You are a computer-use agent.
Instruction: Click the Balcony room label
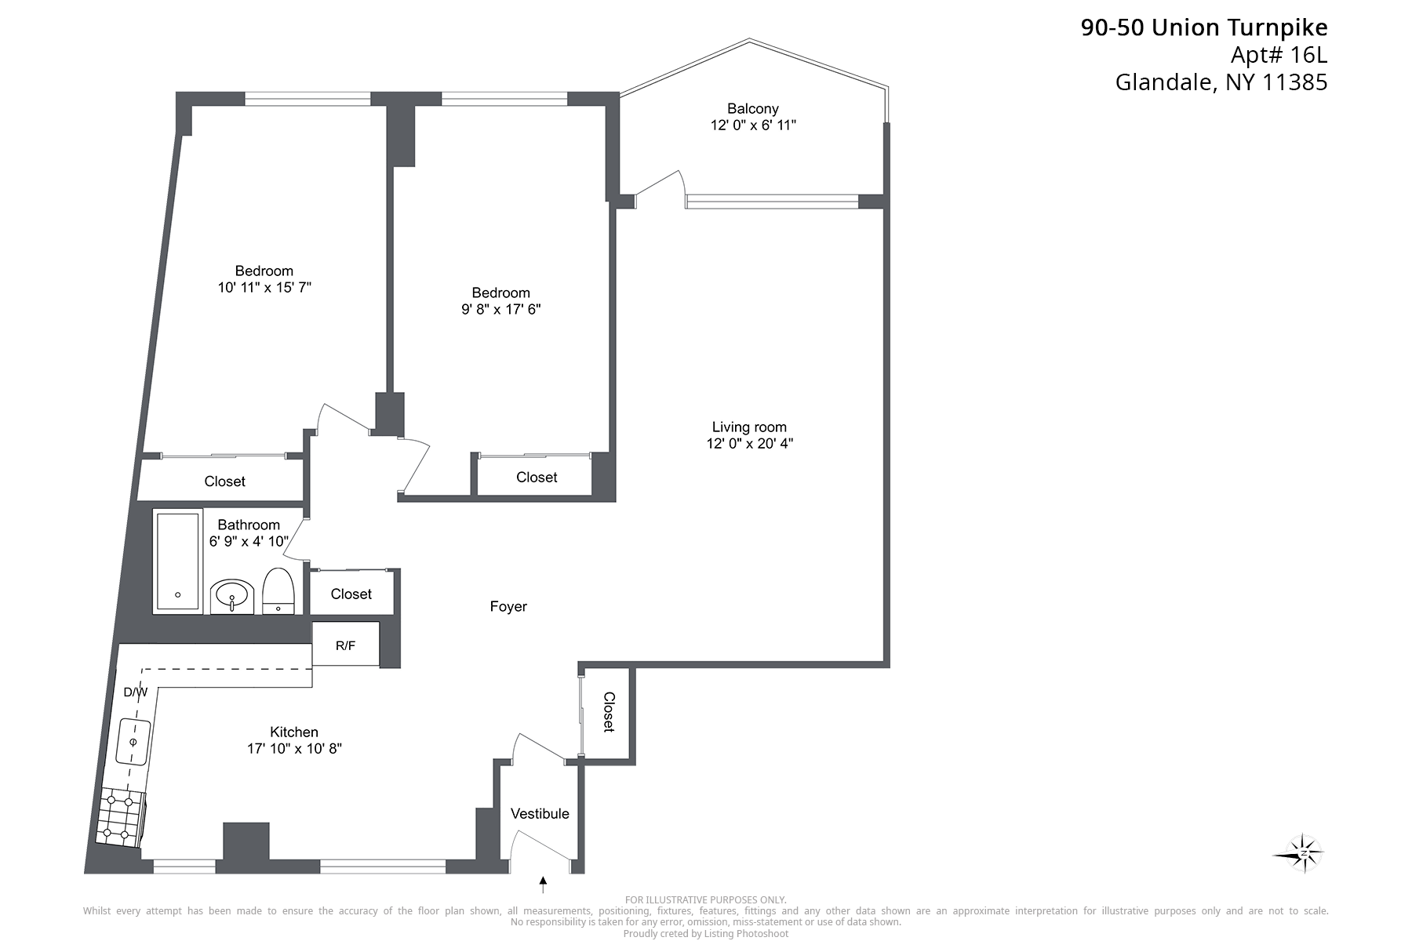(x=752, y=109)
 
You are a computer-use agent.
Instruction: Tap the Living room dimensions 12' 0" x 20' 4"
(x=749, y=444)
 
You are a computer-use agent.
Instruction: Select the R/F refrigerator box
(x=346, y=645)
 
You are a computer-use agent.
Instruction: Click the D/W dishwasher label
(x=136, y=692)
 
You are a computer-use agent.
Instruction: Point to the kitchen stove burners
(x=120, y=818)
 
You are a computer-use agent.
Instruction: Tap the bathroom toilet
(x=278, y=590)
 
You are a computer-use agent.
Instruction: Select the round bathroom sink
(x=232, y=597)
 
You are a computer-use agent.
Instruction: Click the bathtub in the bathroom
(x=177, y=561)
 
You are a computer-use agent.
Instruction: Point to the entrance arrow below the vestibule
(x=542, y=885)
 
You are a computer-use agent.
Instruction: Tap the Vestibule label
(x=540, y=814)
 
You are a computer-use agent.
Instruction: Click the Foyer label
(x=508, y=606)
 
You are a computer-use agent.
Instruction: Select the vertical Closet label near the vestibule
(x=609, y=712)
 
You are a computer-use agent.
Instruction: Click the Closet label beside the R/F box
(x=351, y=594)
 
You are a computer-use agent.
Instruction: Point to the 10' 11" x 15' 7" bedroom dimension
(x=264, y=288)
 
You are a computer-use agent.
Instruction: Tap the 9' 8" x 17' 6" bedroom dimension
(x=501, y=310)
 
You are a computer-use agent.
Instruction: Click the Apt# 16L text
(x=1279, y=56)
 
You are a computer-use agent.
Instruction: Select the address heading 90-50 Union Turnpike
(x=1204, y=28)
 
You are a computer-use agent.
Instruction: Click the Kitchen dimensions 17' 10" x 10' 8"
(x=294, y=749)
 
